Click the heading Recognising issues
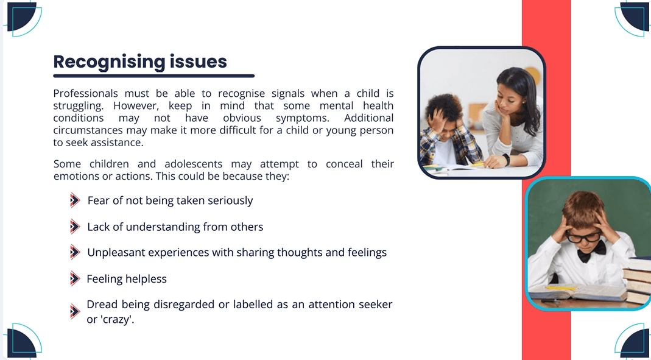tap(140, 62)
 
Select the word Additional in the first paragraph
tap(368, 118)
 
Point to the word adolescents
tap(194, 164)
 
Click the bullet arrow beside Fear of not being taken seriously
tap(75, 200)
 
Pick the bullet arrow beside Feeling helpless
tap(75, 278)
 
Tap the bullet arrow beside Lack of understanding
tap(75, 227)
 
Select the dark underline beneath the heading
tap(153, 76)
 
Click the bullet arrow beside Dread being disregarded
tap(75, 311)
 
